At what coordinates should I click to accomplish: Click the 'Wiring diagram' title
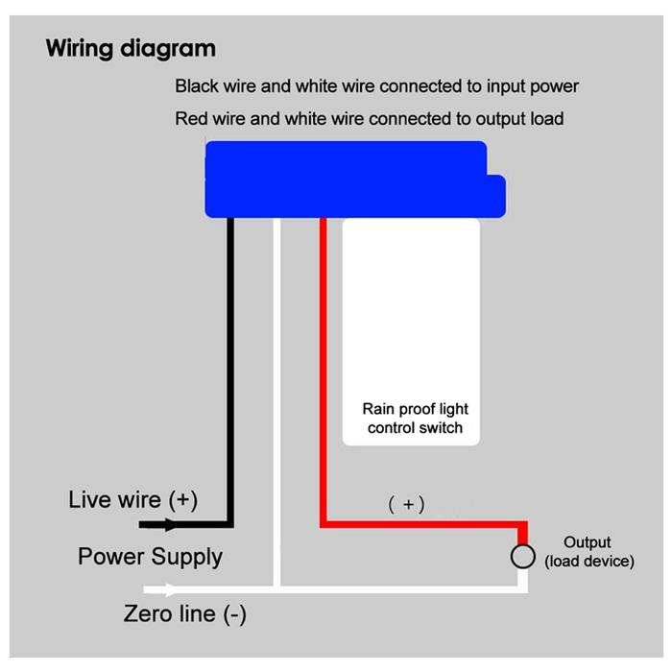pos(131,48)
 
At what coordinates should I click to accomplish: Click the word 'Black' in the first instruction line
pos(197,86)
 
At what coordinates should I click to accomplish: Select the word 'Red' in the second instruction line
pos(192,119)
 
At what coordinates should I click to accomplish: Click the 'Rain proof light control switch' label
pos(415,419)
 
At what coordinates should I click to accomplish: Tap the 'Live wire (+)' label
pos(132,500)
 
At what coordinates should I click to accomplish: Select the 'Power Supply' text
pos(150,557)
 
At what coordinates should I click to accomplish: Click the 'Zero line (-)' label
pos(184,613)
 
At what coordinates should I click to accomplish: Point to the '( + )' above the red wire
pos(406,504)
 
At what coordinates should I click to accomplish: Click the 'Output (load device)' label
pos(588,552)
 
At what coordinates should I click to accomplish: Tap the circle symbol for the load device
pos(522,556)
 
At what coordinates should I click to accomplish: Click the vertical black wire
pos(230,365)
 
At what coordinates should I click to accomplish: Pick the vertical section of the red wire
pos(324,365)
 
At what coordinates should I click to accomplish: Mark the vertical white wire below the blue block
pos(276,384)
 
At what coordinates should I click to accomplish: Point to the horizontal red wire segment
pos(422,524)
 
